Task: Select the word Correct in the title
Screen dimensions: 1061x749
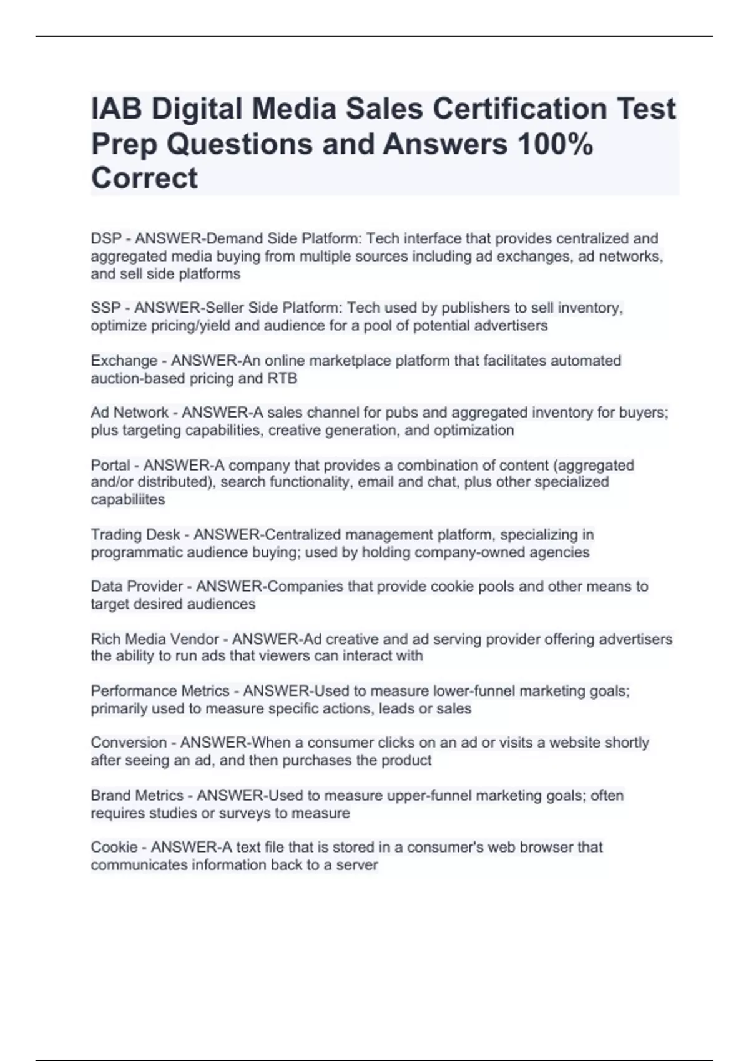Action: click(144, 178)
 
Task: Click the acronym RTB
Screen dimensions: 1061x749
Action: click(282, 378)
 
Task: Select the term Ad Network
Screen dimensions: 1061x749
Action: click(129, 413)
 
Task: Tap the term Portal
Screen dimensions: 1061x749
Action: click(110, 465)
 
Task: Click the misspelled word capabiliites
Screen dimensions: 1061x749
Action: click(128, 499)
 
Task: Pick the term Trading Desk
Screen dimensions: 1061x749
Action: click(135, 535)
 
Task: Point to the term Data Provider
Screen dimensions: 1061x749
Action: click(137, 587)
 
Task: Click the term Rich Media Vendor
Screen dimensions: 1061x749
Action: click(155, 639)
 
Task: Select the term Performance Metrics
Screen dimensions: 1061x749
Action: click(160, 691)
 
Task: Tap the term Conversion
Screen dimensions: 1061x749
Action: click(129, 743)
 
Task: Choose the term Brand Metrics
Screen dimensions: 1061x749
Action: click(137, 796)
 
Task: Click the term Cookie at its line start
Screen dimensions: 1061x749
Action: click(114, 847)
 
